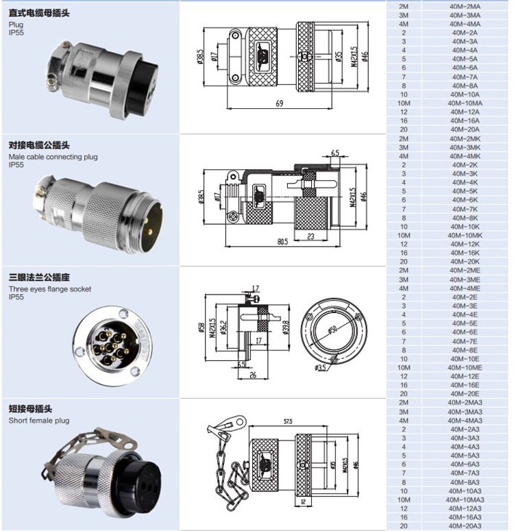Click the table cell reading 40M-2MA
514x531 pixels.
point(464,5)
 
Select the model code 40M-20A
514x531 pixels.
point(464,129)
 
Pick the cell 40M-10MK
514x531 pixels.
point(464,235)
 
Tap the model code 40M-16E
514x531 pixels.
point(464,385)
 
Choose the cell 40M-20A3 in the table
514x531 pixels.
point(464,526)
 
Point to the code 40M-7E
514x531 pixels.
point(464,341)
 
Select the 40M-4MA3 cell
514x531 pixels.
point(464,420)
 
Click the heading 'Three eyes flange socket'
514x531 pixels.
point(49,289)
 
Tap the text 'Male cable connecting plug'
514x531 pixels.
point(53,157)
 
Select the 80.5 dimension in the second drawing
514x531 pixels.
point(282,242)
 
